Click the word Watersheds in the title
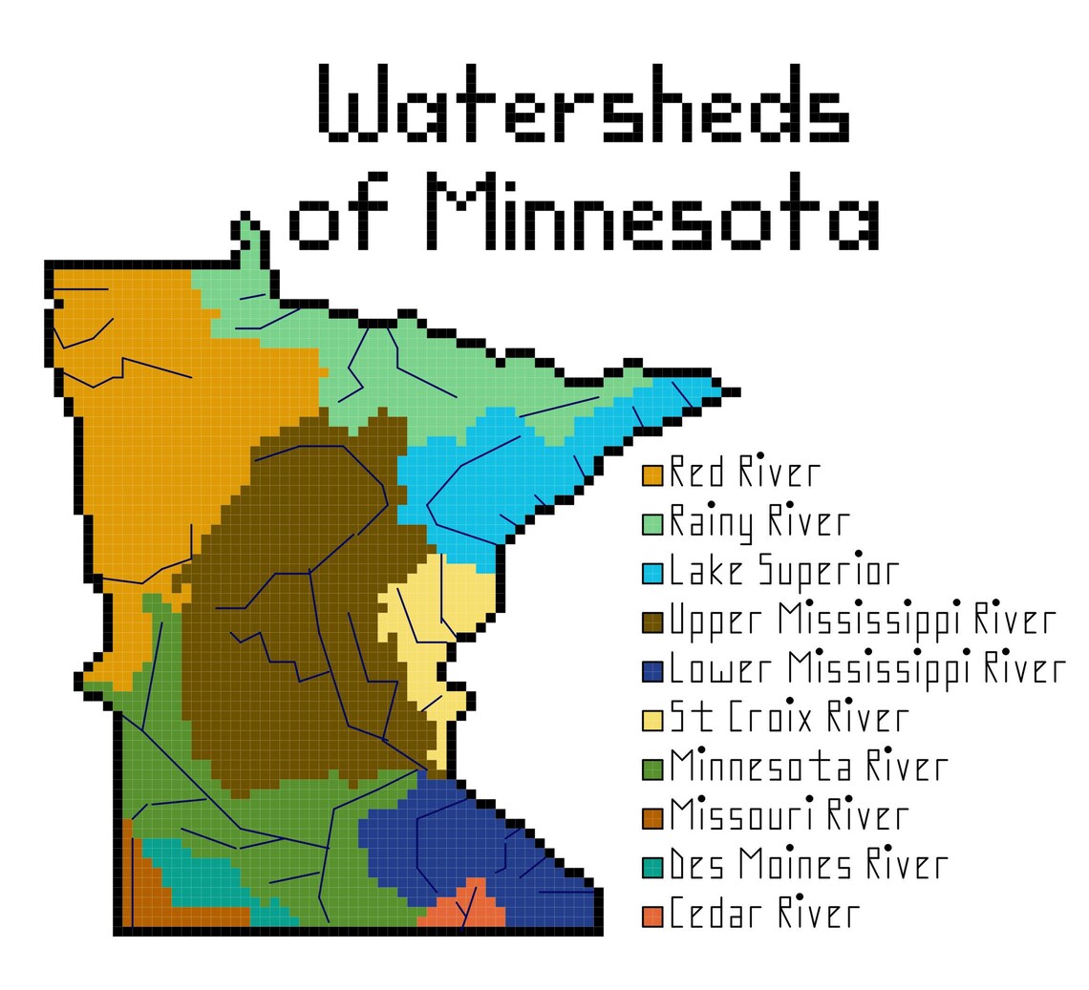pos(583,104)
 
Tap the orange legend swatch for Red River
pos(652,474)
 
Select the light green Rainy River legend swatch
pos(652,524)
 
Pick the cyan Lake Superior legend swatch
pos(652,573)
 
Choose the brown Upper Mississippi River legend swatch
pos(652,622)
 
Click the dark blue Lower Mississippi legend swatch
pos(652,671)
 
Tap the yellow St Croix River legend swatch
pos(652,720)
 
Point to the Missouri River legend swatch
pos(652,818)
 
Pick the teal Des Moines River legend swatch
pos(652,867)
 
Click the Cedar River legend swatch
pos(652,916)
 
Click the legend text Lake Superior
pos(783,571)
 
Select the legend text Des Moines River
pos(807,865)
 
